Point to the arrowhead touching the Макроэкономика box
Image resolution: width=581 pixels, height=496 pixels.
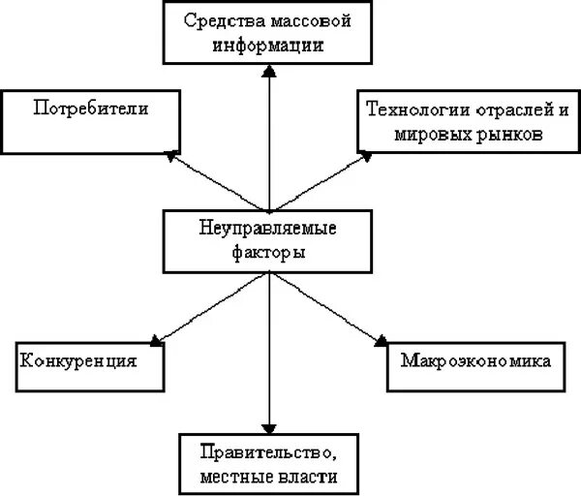click(382, 339)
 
